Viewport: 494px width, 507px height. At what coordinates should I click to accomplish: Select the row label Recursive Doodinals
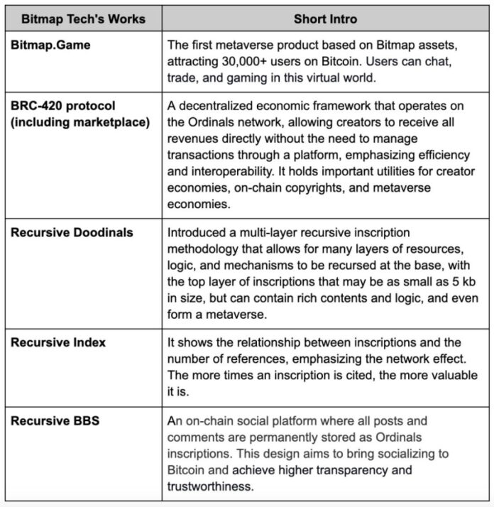pyautogui.click(x=71, y=232)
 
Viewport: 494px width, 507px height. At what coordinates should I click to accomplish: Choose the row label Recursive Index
pyautogui.click(x=58, y=342)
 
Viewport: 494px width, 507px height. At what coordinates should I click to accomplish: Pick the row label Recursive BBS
pyautogui.click(x=55, y=421)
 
